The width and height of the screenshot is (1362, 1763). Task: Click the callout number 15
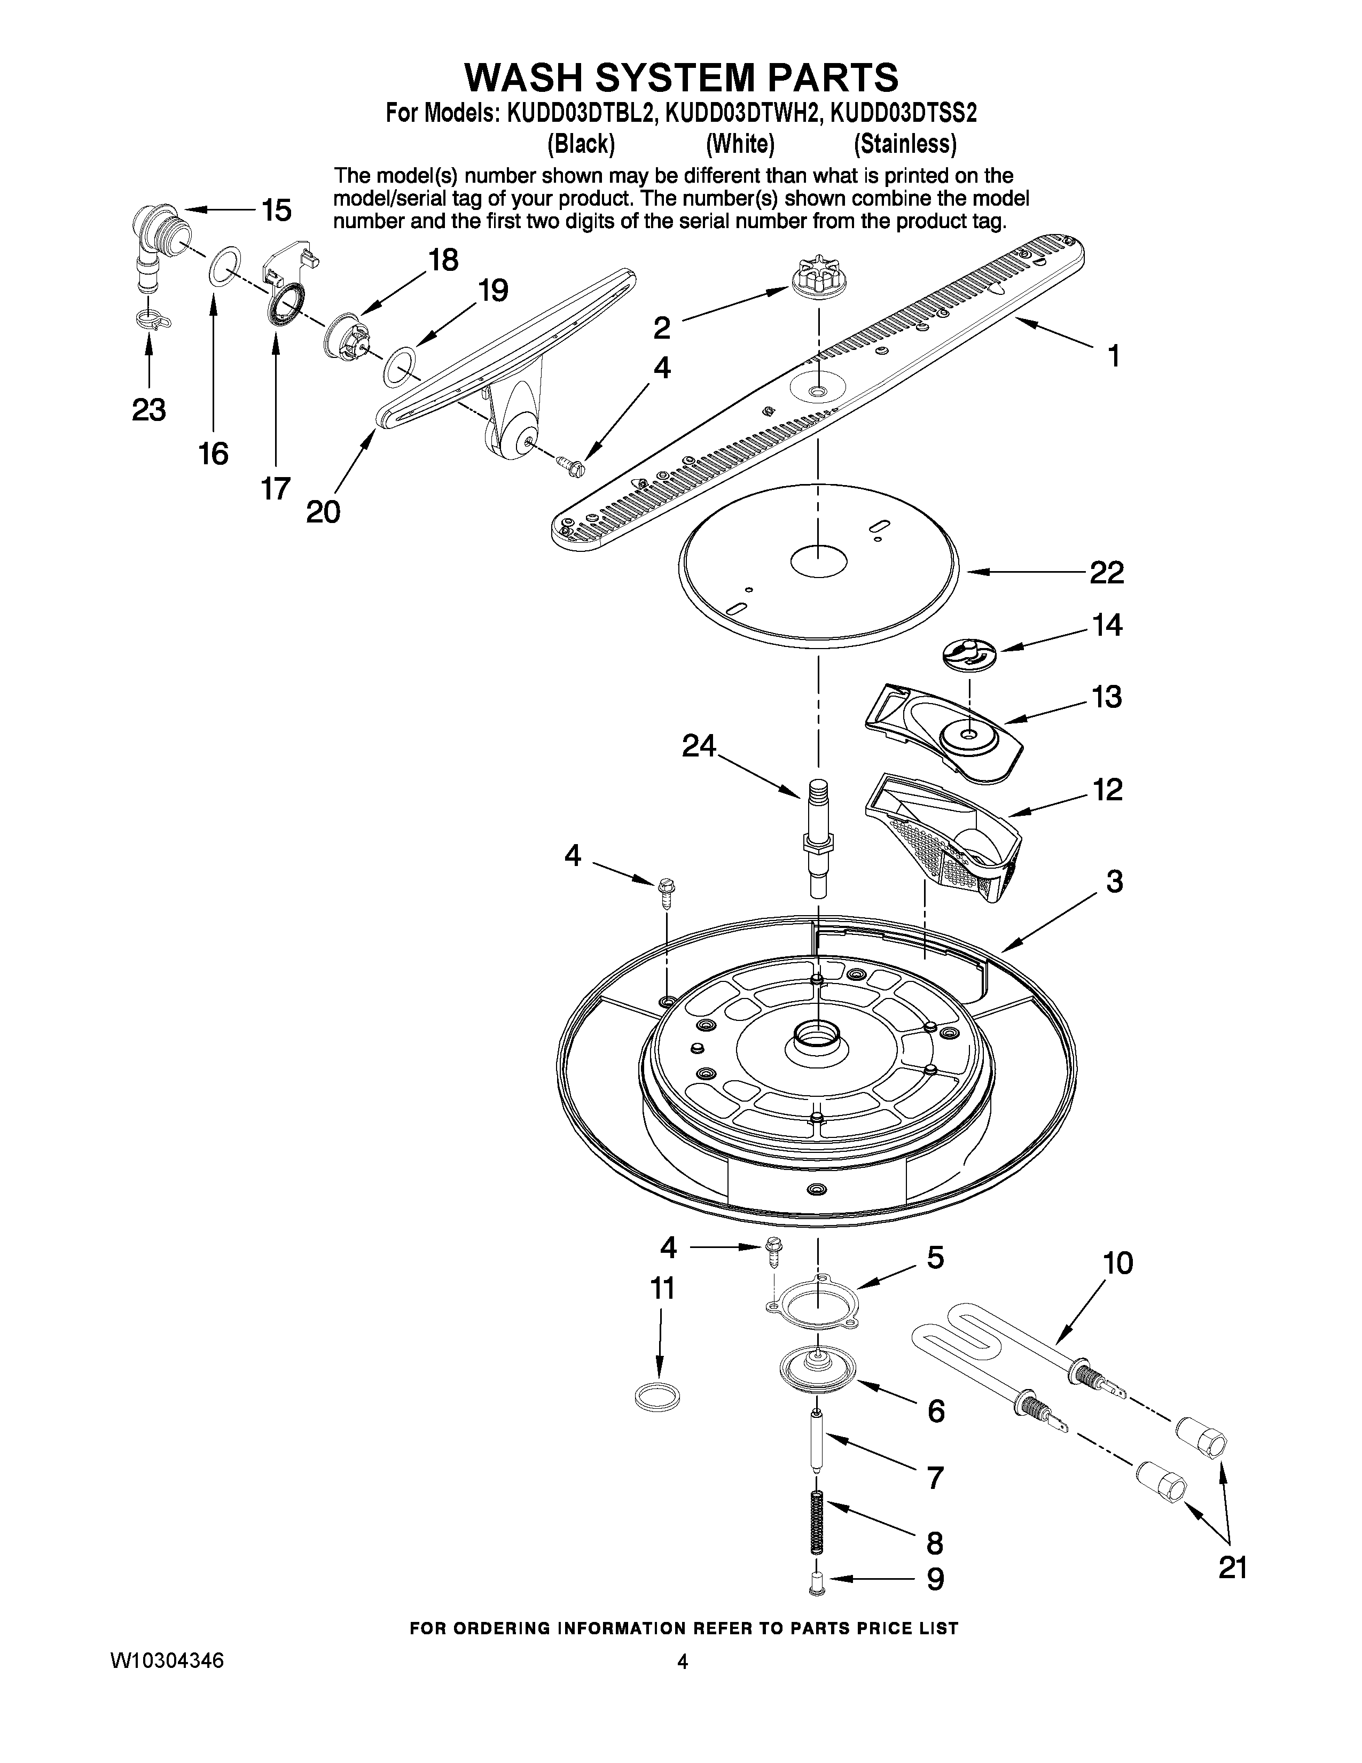[276, 210]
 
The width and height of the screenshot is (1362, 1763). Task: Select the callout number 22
[1106, 573]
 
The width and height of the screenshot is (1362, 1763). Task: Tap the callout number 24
[699, 746]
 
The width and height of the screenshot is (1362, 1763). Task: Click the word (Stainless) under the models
[905, 144]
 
